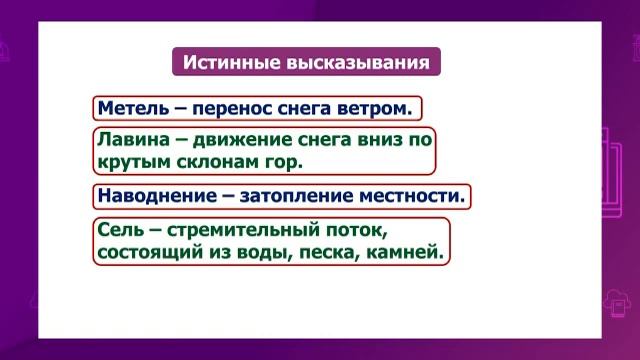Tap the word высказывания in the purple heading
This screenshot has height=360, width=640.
coord(356,62)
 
